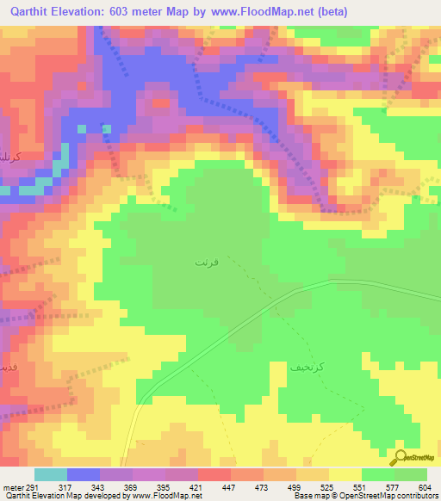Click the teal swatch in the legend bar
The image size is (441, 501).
(51, 474)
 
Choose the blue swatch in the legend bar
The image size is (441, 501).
(84, 474)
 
